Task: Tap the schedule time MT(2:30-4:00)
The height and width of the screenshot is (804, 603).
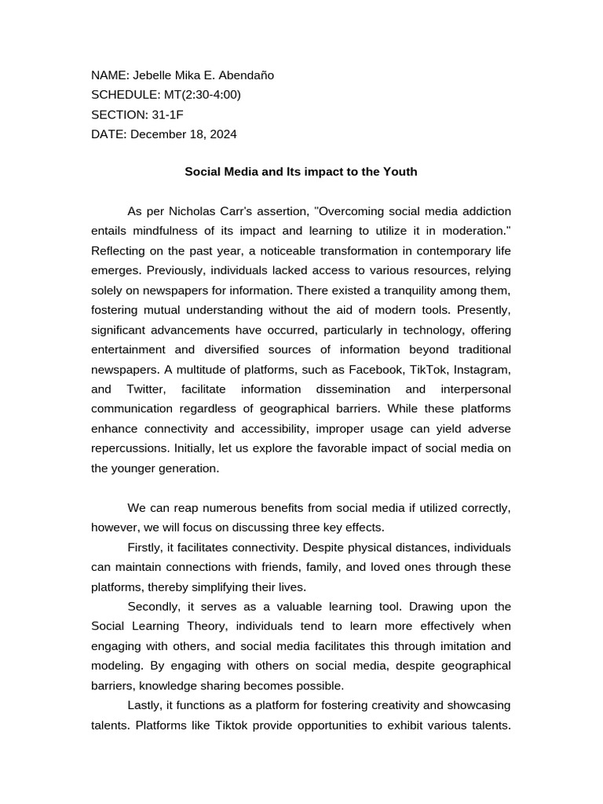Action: [x=203, y=95]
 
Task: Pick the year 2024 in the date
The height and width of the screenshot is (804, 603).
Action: [x=221, y=134]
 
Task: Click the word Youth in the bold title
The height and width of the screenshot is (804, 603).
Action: [x=400, y=171]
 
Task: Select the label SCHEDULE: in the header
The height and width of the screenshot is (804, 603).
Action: [x=126, y=95]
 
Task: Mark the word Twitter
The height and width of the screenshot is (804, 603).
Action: [x=147, y=389]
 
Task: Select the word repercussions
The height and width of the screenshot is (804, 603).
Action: [x=129, y=448]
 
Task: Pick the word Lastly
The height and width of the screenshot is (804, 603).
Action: [x=144, y=705]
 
